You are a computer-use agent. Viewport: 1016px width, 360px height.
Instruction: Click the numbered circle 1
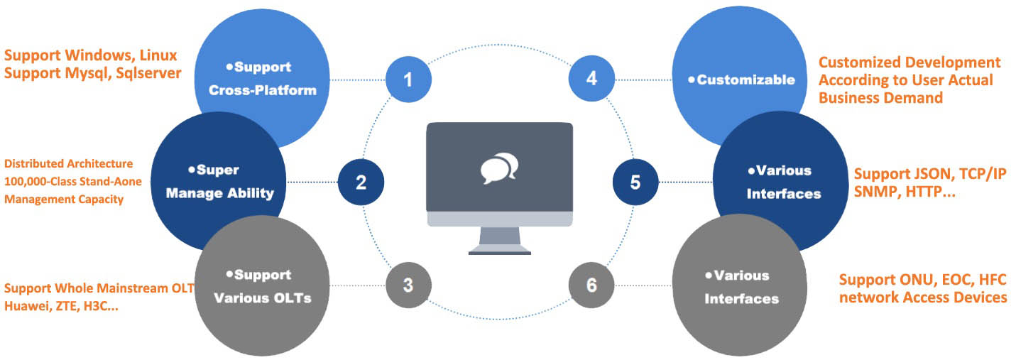[x=408, y=80]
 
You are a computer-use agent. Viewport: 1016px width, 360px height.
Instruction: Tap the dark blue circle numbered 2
[x=361, y=182]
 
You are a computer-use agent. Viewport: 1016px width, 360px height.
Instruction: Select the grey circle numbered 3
[x=408, y=285]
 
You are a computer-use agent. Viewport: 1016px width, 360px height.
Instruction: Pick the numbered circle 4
[x=591, y=78]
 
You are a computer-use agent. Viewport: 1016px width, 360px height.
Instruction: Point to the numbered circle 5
[x=635, y=182]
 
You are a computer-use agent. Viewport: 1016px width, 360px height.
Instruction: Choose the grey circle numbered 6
[x=591, y=285]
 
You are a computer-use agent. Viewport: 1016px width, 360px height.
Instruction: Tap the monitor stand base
[x=499, y=250]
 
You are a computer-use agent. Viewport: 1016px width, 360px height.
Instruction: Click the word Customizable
[x=745, y=80]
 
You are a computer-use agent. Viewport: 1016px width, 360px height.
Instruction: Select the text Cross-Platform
[x=263, y=90]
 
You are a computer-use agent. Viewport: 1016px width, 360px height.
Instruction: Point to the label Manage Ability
[x=220, y=193]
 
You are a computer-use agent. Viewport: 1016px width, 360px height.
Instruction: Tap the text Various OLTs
[x=263, y=298]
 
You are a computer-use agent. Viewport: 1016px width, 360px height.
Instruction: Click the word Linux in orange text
[x=158, y=55]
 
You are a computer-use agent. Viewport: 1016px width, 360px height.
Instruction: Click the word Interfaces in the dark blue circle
[x=784, y=194]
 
